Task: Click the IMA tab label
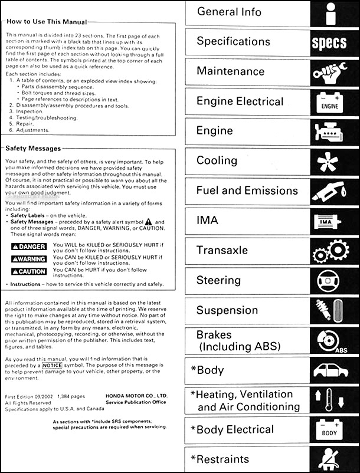click(x=207, y=221)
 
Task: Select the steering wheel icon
click(x=332, y=281)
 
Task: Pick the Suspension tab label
click(x=227, y=310)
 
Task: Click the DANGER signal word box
click(x=29, y=247)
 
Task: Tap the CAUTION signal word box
click(x=29, y=271)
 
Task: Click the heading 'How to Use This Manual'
click(x=47, y=22)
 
